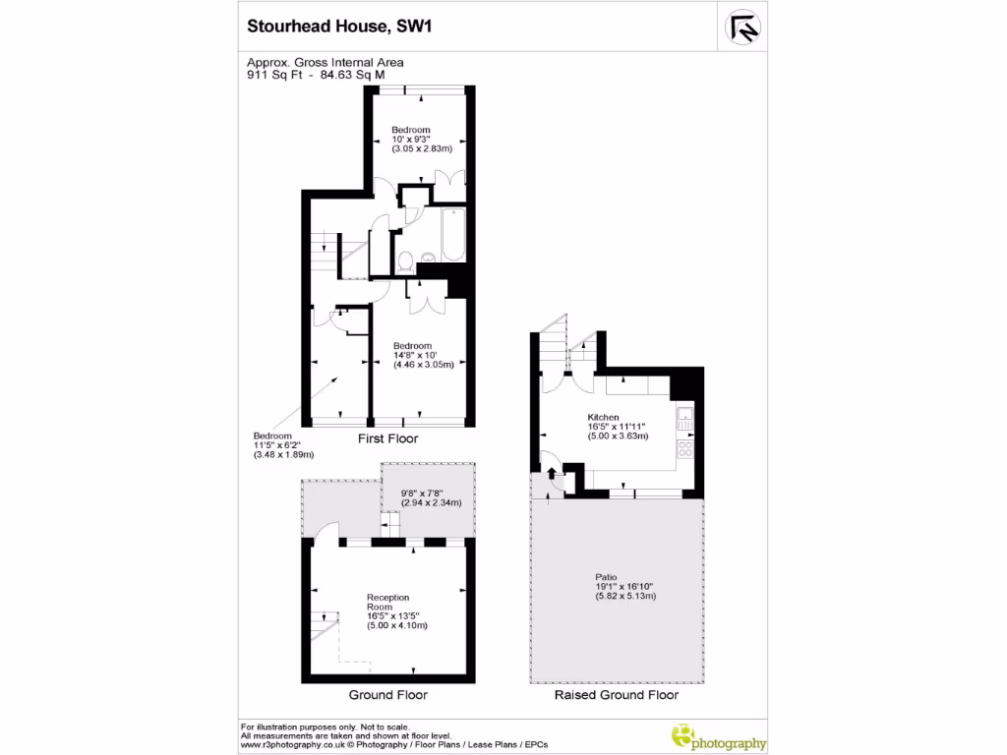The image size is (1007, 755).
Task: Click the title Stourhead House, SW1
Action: point(339,28)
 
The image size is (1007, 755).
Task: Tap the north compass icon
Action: point(743,28)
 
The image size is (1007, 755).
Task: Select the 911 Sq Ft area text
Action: point(276,73)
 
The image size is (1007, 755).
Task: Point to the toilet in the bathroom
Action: point(405,261)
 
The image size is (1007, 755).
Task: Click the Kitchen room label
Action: point(603,417)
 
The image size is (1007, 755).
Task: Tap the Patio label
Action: point(606,577)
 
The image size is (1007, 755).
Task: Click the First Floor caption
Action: point(388,438)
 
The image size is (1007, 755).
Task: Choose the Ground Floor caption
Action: point(388,695)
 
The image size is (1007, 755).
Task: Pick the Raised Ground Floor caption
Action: point(617,695)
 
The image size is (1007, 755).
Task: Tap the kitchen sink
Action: point(686,417)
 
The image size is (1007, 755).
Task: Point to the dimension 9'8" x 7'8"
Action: point(423,494)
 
